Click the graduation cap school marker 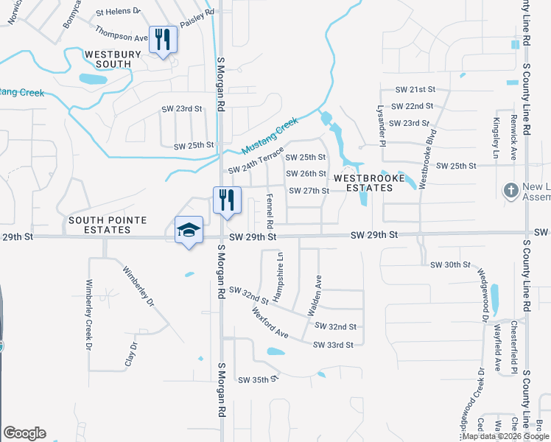pyautogui.click(x=189, y=231)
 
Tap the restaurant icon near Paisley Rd pyautogui.click(x=163, y=39)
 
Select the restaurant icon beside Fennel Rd pyautogui.click(x=227, y=200)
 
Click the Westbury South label pyautogui.click(x=108, y=59)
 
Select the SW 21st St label pyautogui.click(x=411, y=89)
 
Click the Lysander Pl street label pyautogui.click(x=382, y=115)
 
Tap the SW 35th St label pyautogui.click(x=256, y=380)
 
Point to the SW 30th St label pyautogui.click(x=450, y=264)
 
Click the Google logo pyautogui.click(x=24, y=433)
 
